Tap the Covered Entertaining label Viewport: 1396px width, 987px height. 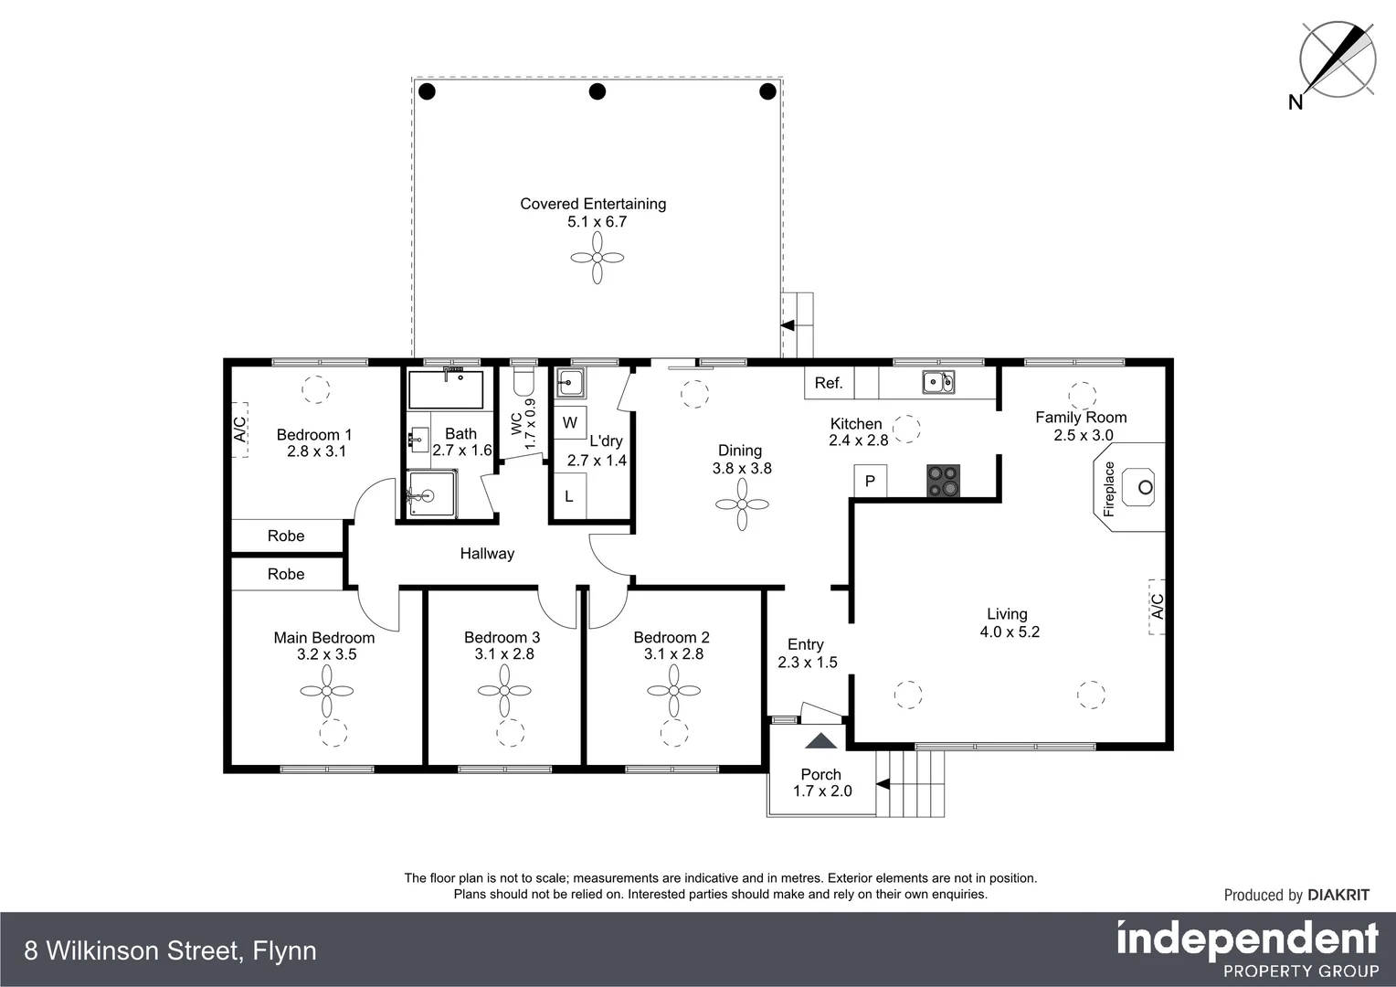coord(593,204)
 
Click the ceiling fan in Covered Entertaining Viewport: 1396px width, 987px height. coord(598,258)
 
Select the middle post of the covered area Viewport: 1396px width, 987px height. coord(598,91)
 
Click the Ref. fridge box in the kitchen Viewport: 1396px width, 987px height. coord(829,383)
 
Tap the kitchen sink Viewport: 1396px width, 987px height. coord(938,382)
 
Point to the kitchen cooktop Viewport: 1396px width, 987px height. coord(944,481)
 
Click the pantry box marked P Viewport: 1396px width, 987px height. coord(870,482)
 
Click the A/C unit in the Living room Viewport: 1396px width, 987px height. coord(1157,606)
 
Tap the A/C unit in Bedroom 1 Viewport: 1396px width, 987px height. coord(239,430)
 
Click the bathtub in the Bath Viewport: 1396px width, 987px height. coord(446,389)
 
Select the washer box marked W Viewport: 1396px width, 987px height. coord(570,423)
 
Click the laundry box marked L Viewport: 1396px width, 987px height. coord(569,497)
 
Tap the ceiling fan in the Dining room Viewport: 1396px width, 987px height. coord(742,504)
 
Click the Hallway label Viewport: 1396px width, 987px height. coord(487,553)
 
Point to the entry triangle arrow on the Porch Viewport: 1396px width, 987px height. coord(820,741)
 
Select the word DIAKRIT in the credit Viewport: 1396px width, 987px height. coord(1338,895)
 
